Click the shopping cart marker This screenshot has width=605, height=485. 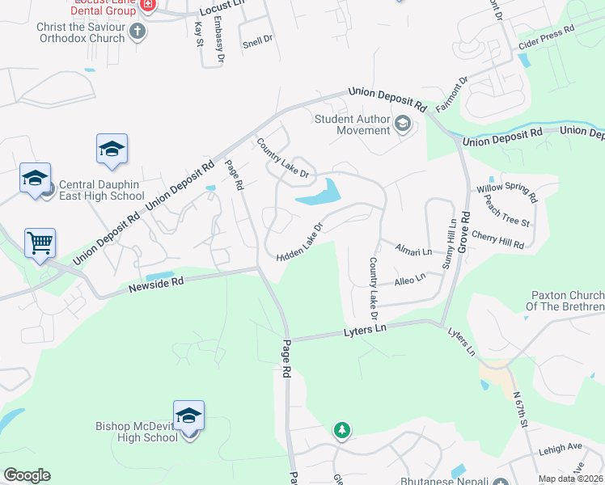(x=40, y=242)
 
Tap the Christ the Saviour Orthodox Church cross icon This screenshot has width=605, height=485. (x=137, y=32)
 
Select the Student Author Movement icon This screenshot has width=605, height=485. (x=403, y=124)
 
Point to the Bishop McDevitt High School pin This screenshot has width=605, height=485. (x=188, y=416)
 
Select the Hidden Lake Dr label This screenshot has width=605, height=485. (x=300, y=242)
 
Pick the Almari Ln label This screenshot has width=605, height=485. (x=413, y=251)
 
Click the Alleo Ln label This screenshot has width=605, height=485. (x=409, y=280)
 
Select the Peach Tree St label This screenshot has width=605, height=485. (x=507, y=212)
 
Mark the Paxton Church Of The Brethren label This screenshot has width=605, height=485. (x=566, y=302)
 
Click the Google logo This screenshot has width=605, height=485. (x=27, y=475)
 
